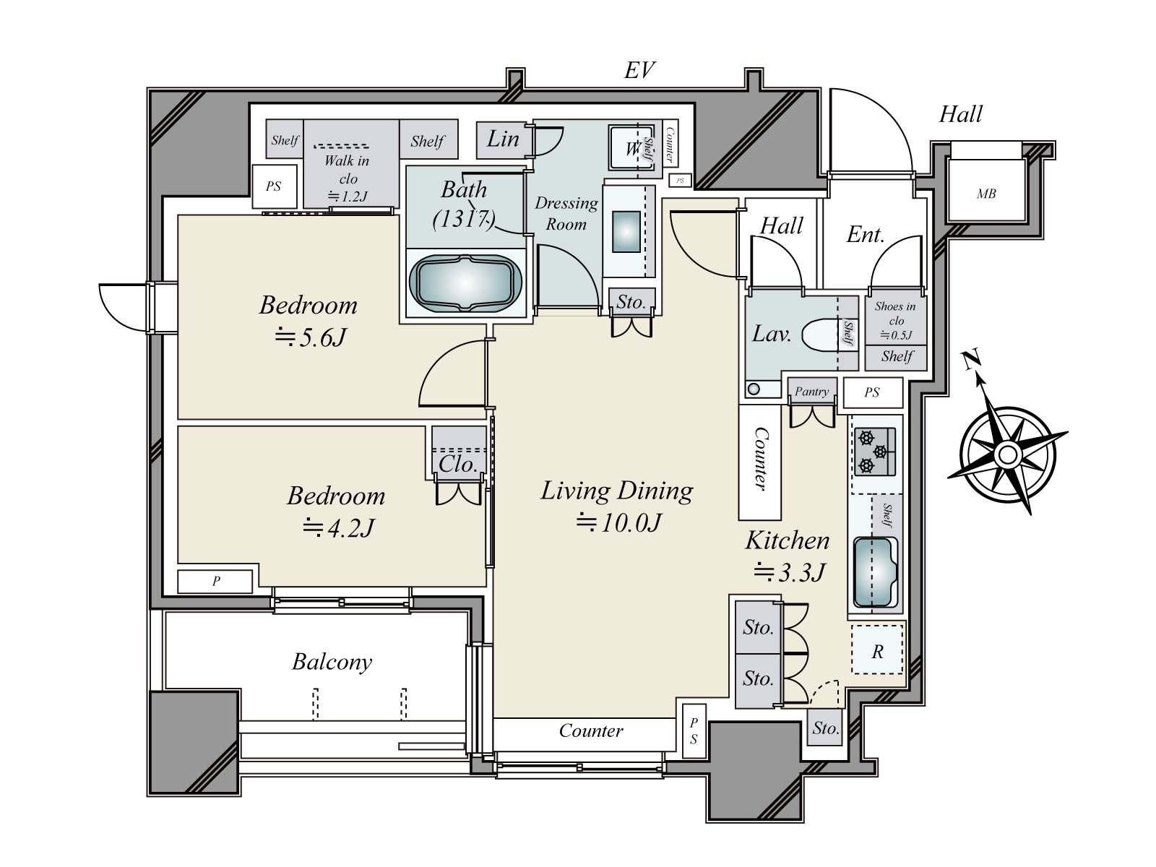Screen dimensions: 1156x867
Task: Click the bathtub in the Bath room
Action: click(x=465, y=284)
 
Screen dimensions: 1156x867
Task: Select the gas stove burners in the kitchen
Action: click(x=874, y=452)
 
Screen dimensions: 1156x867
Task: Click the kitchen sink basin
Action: click(x=874, y=572)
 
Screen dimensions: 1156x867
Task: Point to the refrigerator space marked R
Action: click(x=877, y=650)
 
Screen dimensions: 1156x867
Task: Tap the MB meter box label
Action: click(x=986, y=194)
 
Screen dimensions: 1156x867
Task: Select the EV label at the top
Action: click(x=639, y=70)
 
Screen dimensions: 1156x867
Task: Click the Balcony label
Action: click(x=332, y=662)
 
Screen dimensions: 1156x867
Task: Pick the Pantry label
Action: click(x=811, y=392)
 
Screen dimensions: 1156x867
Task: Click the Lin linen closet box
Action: click(x=502, y=139)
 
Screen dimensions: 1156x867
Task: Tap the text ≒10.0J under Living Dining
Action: click(x=618, y=522)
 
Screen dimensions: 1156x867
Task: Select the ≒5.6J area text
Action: click(x=311, y=337)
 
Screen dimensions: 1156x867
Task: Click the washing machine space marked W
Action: click(x=632, y=148)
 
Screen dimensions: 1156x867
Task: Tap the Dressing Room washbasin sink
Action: click(x=626, y=232)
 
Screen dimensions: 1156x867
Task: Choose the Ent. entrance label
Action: click(x=866, y=235)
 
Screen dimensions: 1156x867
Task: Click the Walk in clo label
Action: click(x=347, y=170)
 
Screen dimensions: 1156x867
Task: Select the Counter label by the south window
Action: click(x=591, y=730)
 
